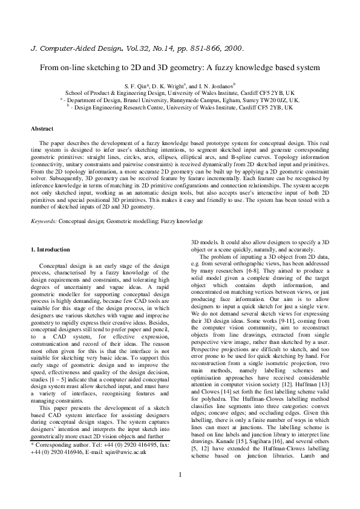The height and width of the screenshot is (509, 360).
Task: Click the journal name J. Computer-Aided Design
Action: [x=74, y=47]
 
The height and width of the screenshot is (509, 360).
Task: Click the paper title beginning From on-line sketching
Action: [x=180, y=68]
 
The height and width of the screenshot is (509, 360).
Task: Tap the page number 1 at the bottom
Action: [x=180, y=491]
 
